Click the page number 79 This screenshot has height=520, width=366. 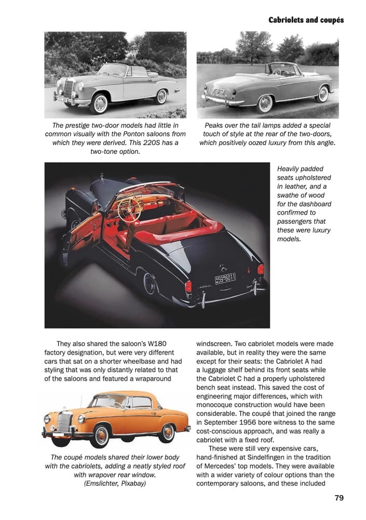pyautogui.click(x=338, y=498)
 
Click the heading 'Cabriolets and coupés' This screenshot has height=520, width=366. pyautogui.click(x=306, y=20)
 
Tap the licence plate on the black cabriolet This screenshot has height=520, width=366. pyautogui.click(x=225, y=279)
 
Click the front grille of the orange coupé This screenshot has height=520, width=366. pyautogui.click(x=65, y=422)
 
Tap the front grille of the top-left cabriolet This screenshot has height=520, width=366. pyautogui.click(x=68, y=88)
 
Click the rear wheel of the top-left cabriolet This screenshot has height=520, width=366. pyautogui.click(x=161, y=97)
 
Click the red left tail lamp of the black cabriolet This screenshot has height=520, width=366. pyautogui.click(x=188, y=287)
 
